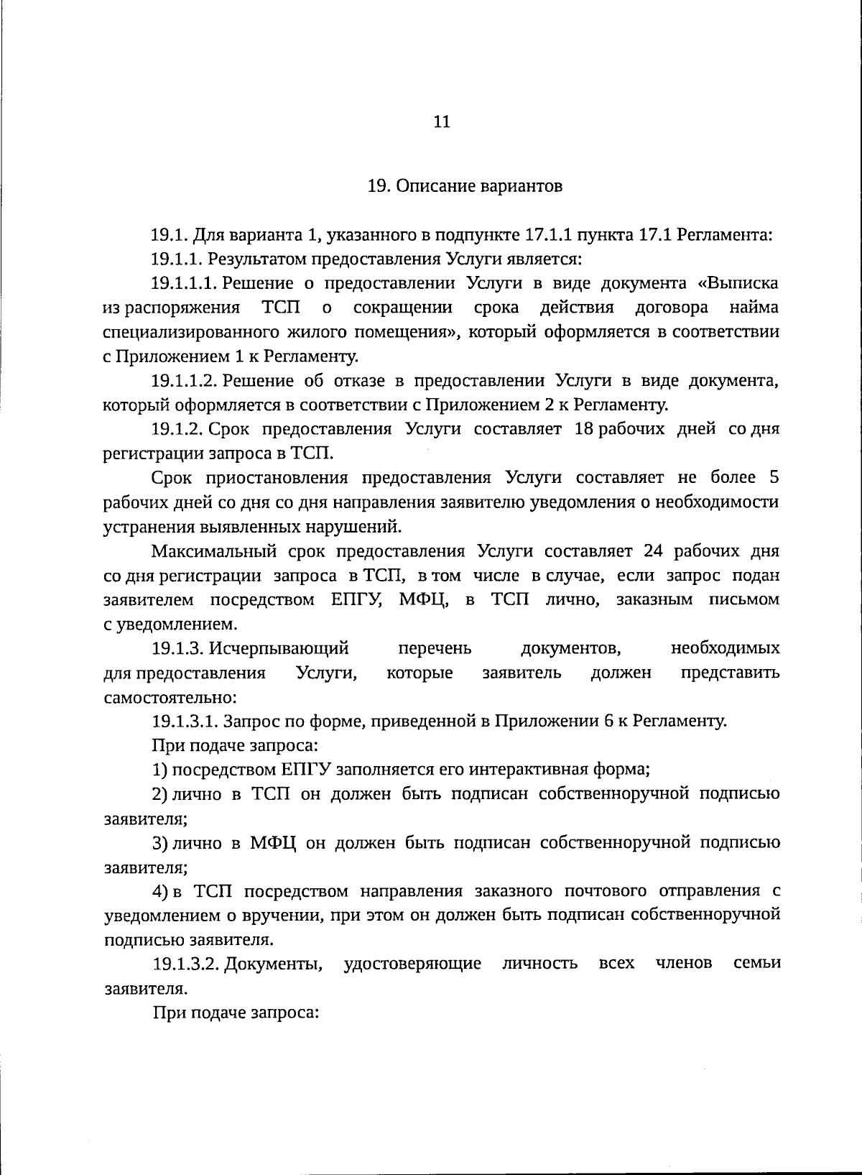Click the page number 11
pyautogui.click(x=442, y=121)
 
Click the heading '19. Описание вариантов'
pyautogui.click(x=465, y=186)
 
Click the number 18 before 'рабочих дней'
pyautogui.click(x=585, y=429)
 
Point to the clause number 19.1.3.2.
pyautogui.click(x=185, y=964)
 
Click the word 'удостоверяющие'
pyautogui.click(x=412, y=964)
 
